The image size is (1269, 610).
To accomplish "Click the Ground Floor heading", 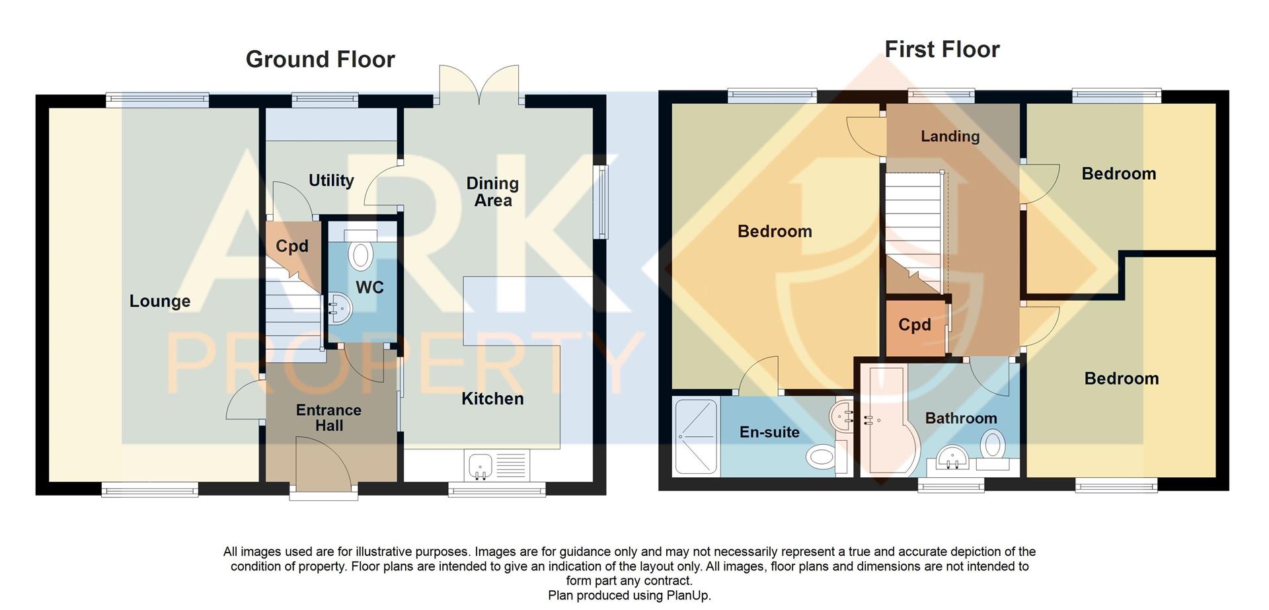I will click(x=320, y=59).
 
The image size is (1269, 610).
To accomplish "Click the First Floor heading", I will click(x=941, y=49).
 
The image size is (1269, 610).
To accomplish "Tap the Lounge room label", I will click(x=159, y=301).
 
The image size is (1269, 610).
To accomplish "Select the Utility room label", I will click(x=331, y=180).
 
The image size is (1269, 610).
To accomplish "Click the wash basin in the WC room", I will click(x=339, y=308).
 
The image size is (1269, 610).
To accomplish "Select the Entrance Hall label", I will click(x=328, y=418).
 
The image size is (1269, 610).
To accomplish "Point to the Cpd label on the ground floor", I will click(x=291, y=247).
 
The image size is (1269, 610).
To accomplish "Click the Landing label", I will click(x=950, y=136).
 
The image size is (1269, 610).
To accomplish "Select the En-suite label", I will click(x=769, y=432).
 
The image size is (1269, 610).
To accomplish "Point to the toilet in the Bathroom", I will click(x=993, y=444).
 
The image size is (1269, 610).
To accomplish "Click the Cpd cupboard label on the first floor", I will click(x=914, y=325).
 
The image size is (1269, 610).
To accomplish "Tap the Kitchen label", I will click(x=492, y=399).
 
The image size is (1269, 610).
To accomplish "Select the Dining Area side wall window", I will click(x=601, y=202).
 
